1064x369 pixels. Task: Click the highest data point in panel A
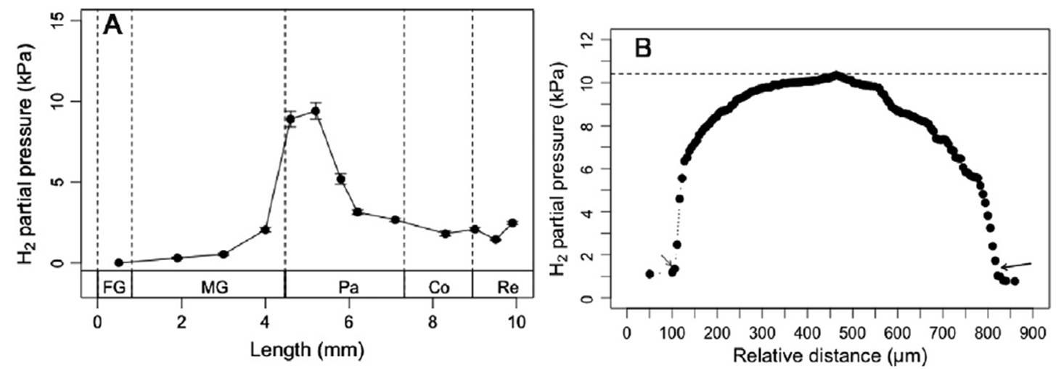(x=315, y=111)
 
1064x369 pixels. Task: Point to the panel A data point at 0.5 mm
(x=118, y=262)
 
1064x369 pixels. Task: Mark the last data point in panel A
(x=512, y=223)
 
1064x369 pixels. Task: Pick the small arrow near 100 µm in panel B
(x=666, y=260)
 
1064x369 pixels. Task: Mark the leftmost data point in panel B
(x=650, y=274)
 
